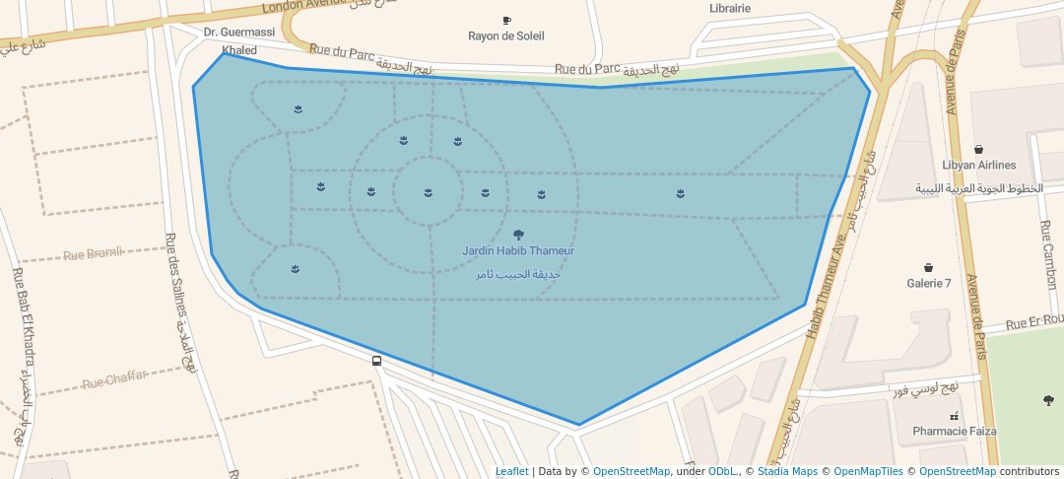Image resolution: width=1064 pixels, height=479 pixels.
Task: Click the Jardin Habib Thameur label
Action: pyautogui.click(x=518, y=251)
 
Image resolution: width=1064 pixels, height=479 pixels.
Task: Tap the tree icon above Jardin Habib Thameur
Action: pyautogui.click(x=519, y=235)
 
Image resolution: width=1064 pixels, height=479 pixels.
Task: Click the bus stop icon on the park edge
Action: pyautogui.click(x=377, y=361)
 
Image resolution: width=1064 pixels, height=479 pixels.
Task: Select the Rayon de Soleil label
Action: pyautogui.click(x=506, y=36)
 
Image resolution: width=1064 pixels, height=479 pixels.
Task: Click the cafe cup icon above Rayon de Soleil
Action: pyautogui.click(x=506, y=20)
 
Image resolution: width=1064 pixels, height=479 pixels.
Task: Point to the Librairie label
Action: pyautogui.click(x=730, y=8)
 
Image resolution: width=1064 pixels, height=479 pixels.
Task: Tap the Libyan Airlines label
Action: pyautogui.click(x=978, y=166)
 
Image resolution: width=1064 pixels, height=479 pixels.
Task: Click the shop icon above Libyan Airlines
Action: pyautogui.click(x=978, y=149)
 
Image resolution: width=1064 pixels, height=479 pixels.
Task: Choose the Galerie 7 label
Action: pyautogui.click(x=929, y=284)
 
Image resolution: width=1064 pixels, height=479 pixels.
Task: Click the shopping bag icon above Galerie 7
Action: pyautogui.click(x=928, y=267)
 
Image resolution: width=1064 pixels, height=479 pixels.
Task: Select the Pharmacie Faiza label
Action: pyautogui.click(x=954, y=431)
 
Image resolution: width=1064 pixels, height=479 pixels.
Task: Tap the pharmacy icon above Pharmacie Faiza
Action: pyautogui.click(x=954, y=416)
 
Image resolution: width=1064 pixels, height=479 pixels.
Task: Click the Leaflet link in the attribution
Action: pyautogui.click(x=511, y=472)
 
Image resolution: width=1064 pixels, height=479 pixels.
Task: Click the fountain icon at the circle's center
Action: pyautogui.click(x=428, y=192)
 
